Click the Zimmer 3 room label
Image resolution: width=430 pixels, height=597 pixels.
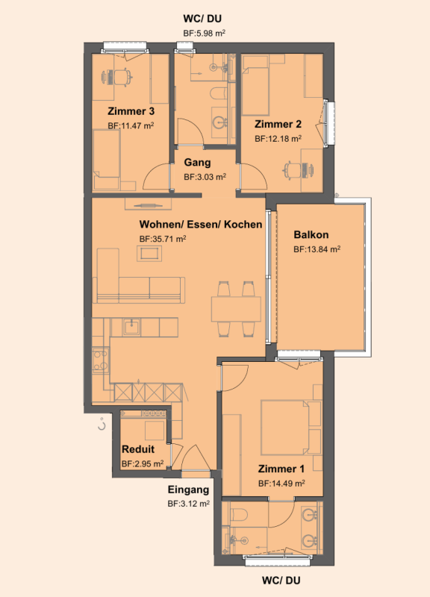click(131, 112)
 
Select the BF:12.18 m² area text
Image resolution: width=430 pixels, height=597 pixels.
click(278, 139)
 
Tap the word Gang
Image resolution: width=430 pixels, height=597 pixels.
click(197, 162)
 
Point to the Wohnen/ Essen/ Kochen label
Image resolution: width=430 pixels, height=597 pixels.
click(200, 225)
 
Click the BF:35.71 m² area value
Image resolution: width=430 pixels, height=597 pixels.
click(162, 239)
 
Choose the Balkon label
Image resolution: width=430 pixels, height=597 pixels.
click(311, 234)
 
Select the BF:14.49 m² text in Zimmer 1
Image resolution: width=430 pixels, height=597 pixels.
click(281, 484)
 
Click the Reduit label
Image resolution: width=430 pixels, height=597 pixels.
click(138, 449)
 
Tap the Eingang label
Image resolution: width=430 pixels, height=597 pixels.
click(187, 490)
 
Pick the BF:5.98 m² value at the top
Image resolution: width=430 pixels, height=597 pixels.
click(205, 33)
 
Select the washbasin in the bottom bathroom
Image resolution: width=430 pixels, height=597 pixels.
click(309, 516)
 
